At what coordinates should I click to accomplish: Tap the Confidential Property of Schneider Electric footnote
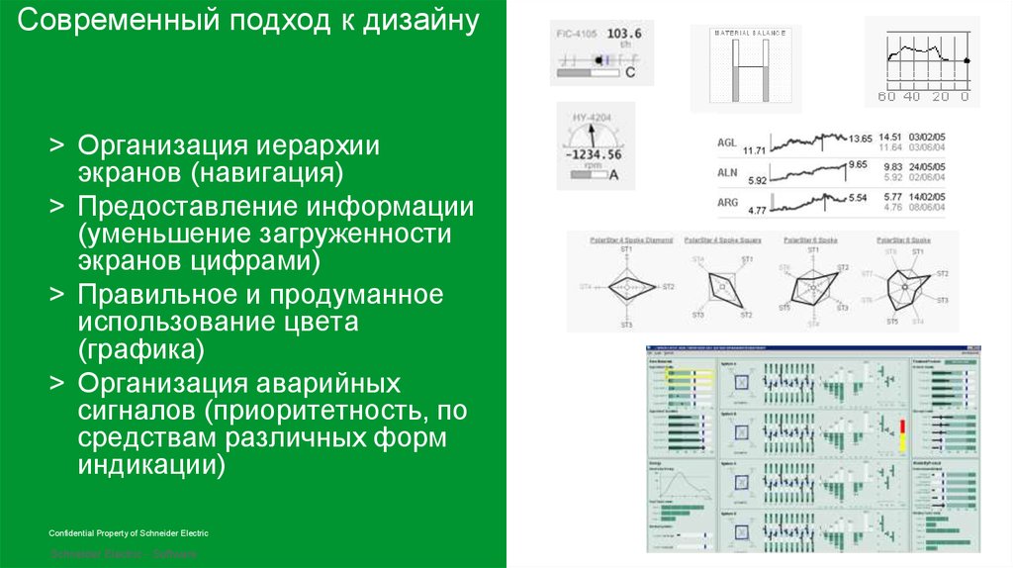coord(129,533)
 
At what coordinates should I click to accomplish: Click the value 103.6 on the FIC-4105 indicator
coord(624,34)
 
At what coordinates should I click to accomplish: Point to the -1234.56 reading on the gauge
coord(593,155)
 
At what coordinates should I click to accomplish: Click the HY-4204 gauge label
coord(593,118)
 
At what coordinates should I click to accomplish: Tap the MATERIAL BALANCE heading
coord(751,33)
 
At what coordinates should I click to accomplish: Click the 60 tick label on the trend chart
coord(885,97)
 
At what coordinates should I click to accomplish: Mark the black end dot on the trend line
coord(967,61)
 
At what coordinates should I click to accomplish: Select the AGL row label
coord(728,142)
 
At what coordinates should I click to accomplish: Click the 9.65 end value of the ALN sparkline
coord(858,164)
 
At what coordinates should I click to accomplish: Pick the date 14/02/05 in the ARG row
coord(927,198)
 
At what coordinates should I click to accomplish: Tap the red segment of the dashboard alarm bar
coord(902,426)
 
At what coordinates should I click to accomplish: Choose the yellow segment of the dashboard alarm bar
coord(902,442)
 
